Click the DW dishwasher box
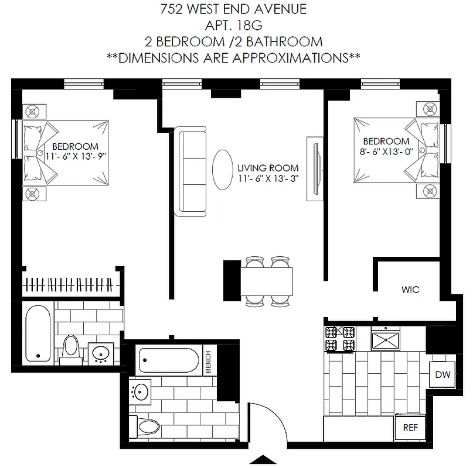coord(443,374)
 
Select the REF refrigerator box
coord(411,428)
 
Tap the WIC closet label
coord(410,290)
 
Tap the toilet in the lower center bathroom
coord(144,426)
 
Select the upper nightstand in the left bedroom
coord(33,111)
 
